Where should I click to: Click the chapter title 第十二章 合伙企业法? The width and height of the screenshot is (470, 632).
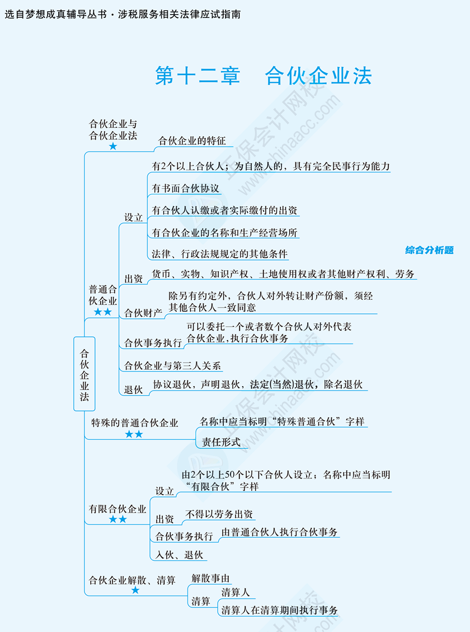pyautogui.click(x=264, y=76)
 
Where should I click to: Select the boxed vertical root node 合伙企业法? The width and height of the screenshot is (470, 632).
pyautogui.click(x=84, y=374)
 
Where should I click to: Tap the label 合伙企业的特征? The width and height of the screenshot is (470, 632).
pyautogui.click(x=192, y=141)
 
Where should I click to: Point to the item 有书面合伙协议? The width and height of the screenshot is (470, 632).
pyautogui.click(x=186, y=188)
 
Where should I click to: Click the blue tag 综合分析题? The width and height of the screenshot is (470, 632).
pyautogui.click(x=429, y=250)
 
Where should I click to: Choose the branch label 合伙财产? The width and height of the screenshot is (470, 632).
pyautogui.click(x=143, y=313)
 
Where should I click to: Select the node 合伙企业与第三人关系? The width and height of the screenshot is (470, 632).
pyautogui.click(x=173, y=365)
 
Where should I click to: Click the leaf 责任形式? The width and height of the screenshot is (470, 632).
pyautogui.click(x=221, y=442)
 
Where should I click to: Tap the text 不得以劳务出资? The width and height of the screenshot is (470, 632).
pyautogui.click(x=219, y=514)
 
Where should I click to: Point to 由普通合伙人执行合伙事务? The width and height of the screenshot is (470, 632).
pyautogui.click(x=279, y=532)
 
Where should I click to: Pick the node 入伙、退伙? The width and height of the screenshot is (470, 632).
pyautogui.click(x=179, y=555)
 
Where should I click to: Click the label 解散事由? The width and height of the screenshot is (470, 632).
pyautogui.click(x=210, y=578)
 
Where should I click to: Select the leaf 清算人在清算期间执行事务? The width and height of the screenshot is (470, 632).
pyautogui.click(x=279, y=610)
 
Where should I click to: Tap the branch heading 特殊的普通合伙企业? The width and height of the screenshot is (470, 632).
pyautogui.click(x=134, y=423)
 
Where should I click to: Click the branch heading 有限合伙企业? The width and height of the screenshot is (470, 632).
pyautogui.click(x=117, y=509)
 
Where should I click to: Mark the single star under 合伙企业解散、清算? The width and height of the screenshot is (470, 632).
pyautogui.click(x=135, y=590)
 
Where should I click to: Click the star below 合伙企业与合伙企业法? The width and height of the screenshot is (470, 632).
pyautogui.click(x=113, y=146)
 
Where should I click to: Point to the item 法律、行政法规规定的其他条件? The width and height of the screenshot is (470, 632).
pyautogui.click(x=220, y=254)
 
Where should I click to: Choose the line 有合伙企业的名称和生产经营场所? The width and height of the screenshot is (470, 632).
pyautogui.click(x=224, y=233)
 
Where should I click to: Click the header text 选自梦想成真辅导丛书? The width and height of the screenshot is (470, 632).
pyautogui.click(x=55, y=15)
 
